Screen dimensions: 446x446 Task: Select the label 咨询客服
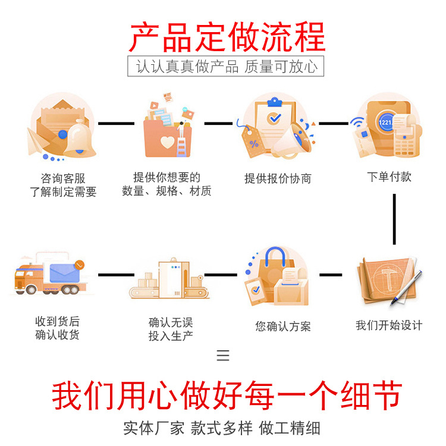click(x=62, y=178)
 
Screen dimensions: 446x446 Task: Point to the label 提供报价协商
click(x=278, y=178)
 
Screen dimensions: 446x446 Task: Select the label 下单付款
click(x=389, y=177)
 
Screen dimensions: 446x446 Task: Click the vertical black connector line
click(x=394, y=219)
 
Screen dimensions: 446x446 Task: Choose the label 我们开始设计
click(x=389, y=325)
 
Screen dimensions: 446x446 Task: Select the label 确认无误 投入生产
click(x=171, y=329)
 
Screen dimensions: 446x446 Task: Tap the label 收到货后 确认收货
click(x=57, y=328)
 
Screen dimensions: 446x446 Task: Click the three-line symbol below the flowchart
click(x=223, y=356)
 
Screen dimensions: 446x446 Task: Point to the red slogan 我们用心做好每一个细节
click(x=227, y=396)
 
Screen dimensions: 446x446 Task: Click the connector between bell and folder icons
click(x=117, y=124)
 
